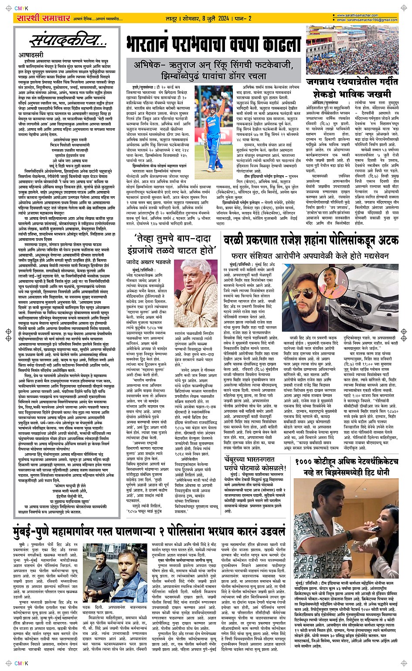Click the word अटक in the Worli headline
[x=384, y=240]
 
